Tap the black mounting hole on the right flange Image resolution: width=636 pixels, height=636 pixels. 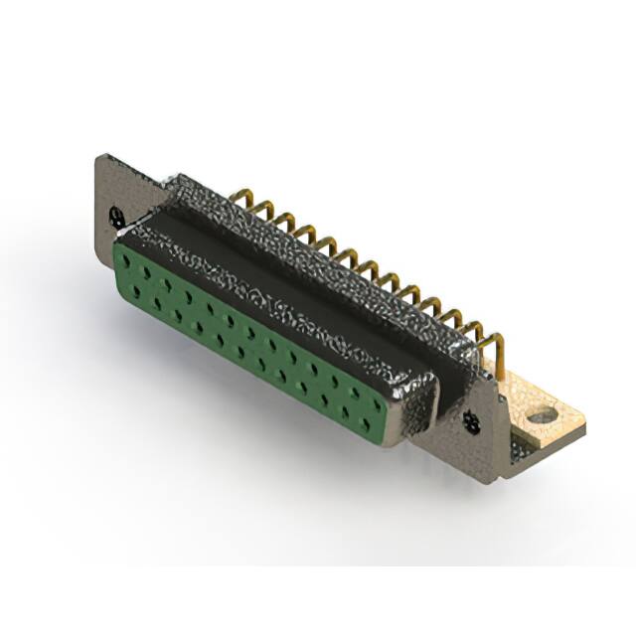pyautogui.click(x=471, y=425)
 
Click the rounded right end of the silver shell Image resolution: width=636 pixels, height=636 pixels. pyautogui.click(x=417, y=407)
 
